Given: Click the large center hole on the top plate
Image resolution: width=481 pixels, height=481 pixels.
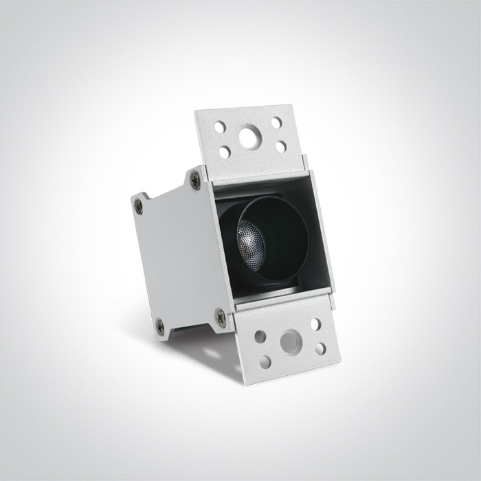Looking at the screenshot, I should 247,137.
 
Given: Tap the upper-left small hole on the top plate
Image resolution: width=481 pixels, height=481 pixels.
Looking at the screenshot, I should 220,127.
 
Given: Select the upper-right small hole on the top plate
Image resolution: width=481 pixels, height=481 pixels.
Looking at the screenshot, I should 276,123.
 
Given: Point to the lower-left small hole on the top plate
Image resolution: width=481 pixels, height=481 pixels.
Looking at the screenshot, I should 225,152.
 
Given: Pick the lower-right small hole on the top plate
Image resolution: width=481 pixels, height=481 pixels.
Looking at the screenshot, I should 280,146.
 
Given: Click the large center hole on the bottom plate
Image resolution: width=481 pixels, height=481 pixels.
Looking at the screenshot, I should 290,342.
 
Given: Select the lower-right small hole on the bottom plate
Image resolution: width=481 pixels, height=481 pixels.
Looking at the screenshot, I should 320,348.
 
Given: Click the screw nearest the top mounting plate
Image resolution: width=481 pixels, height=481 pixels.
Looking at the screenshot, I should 196,180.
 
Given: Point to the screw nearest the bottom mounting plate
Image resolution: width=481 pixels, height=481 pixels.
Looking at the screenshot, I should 220,317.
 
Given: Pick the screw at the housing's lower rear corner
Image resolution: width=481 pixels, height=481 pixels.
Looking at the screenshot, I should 160,326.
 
